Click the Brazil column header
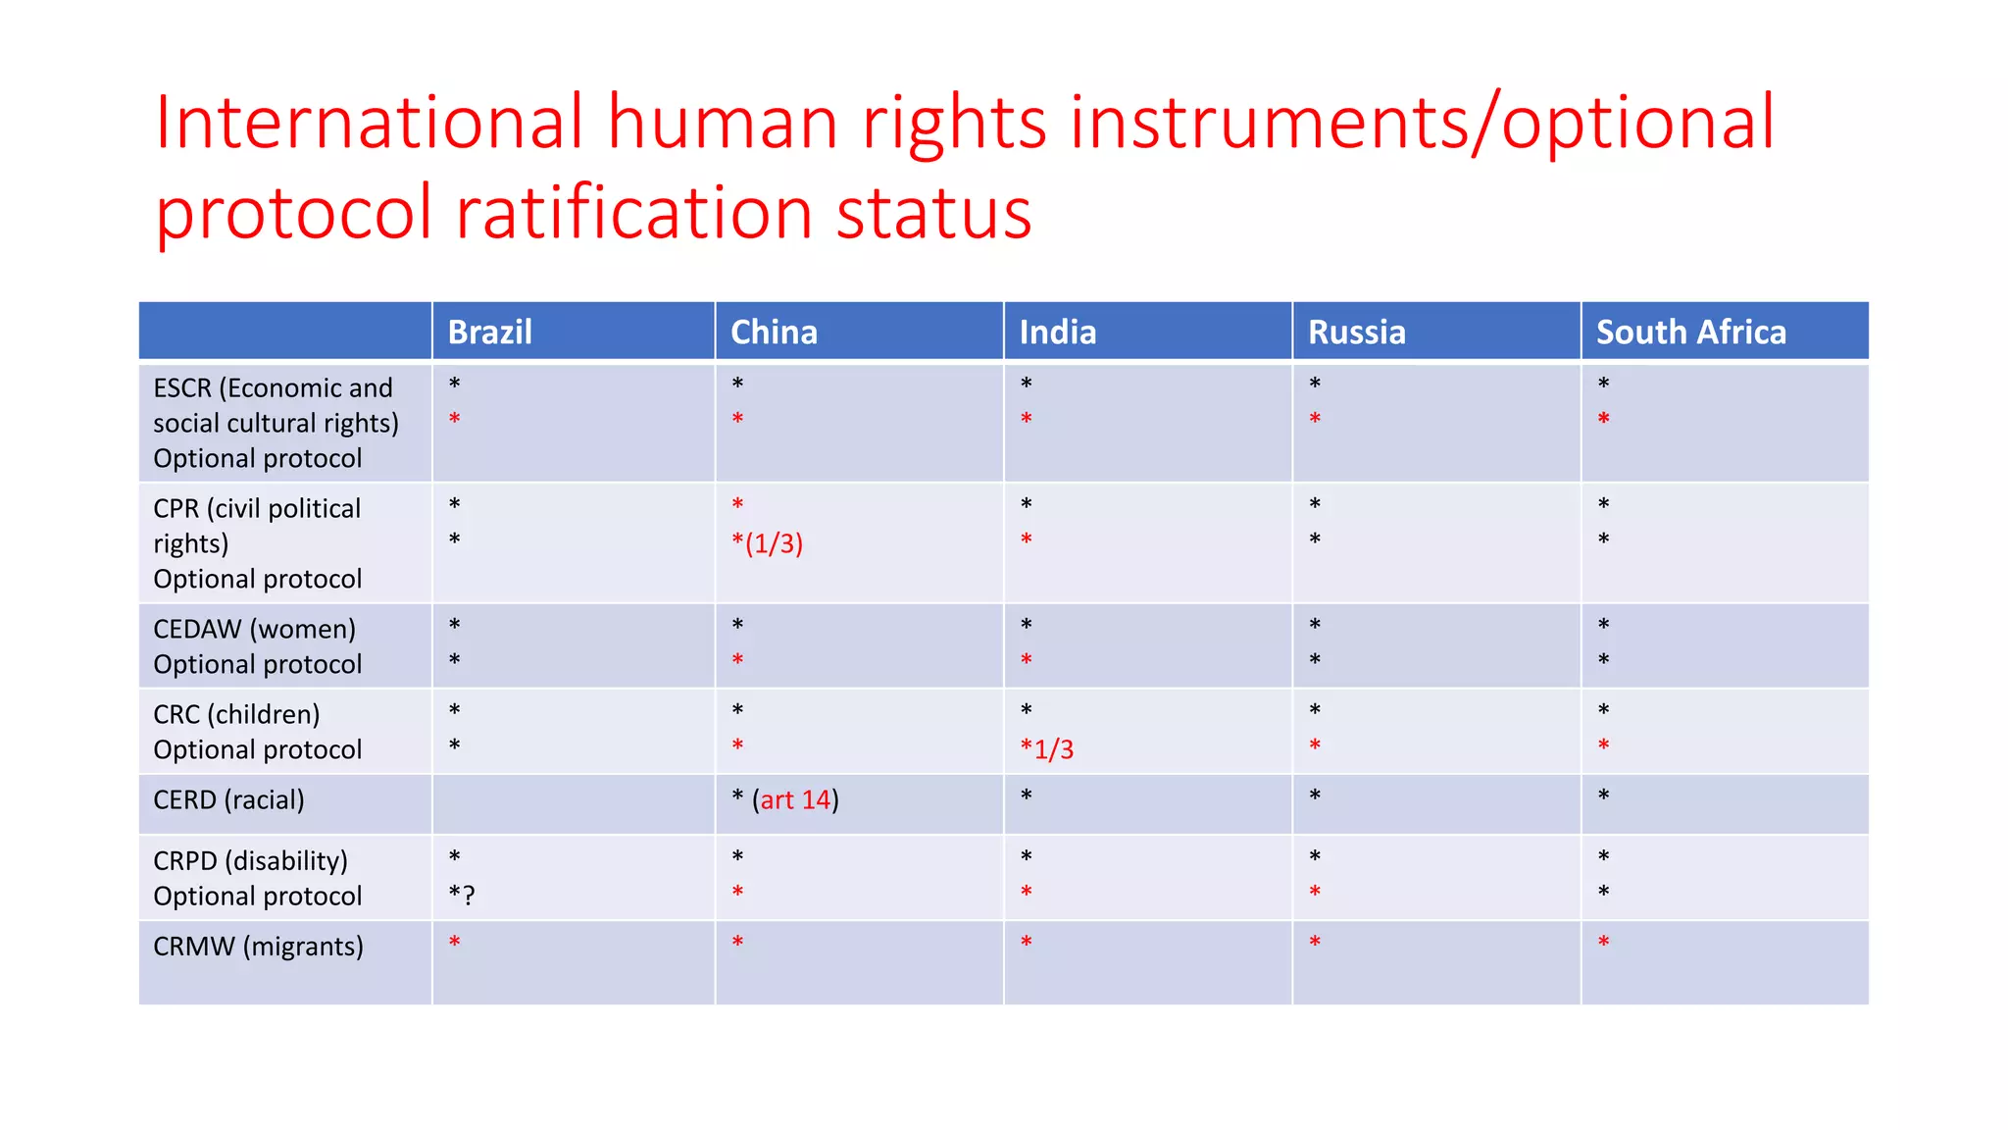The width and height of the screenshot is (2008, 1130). (490, 333)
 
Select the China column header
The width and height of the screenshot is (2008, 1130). (774, 333)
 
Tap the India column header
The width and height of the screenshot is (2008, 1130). (1057, 333)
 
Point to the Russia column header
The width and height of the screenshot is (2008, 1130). (1356, 333)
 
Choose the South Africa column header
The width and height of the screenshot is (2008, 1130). (1690, 333)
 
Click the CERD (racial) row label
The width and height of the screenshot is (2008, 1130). (228, 800)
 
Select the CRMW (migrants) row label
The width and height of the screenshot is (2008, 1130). (258, 947)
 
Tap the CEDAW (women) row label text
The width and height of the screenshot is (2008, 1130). (254, 630)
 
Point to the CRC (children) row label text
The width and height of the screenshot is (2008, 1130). (236, 715)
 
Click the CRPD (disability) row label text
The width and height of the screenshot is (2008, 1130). (250, 861)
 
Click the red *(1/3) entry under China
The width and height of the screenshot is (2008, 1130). (767, 543)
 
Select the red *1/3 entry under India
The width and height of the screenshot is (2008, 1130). (1046, 750)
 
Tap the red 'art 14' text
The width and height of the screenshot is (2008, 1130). (795, 800)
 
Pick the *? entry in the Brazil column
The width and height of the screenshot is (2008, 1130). (461, 896)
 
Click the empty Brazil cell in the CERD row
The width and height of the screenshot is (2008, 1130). (574, 803)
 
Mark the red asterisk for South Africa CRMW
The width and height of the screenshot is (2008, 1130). (1603, 944)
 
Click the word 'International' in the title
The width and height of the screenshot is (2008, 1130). (370, 123)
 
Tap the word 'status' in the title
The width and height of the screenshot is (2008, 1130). (933, 213)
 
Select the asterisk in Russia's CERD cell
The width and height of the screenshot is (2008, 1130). (1315, 796)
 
